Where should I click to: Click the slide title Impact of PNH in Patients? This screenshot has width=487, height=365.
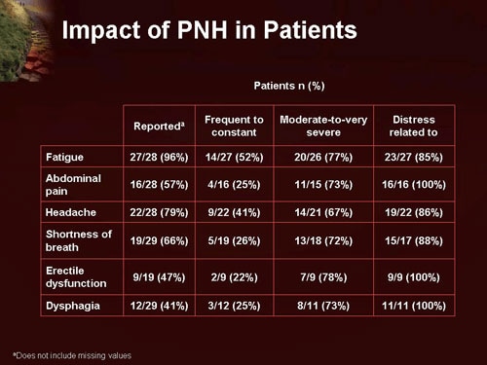point(208,30)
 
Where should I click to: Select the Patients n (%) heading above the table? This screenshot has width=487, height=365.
point(290,87)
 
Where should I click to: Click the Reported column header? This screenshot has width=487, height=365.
point(158,126)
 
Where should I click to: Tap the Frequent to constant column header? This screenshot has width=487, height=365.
point(234,126)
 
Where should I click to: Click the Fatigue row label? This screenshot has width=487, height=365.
point(64,156)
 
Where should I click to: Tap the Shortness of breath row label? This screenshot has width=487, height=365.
point(79,239)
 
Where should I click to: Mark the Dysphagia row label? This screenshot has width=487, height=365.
point(72,305)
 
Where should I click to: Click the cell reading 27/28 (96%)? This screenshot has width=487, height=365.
point(159,156)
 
